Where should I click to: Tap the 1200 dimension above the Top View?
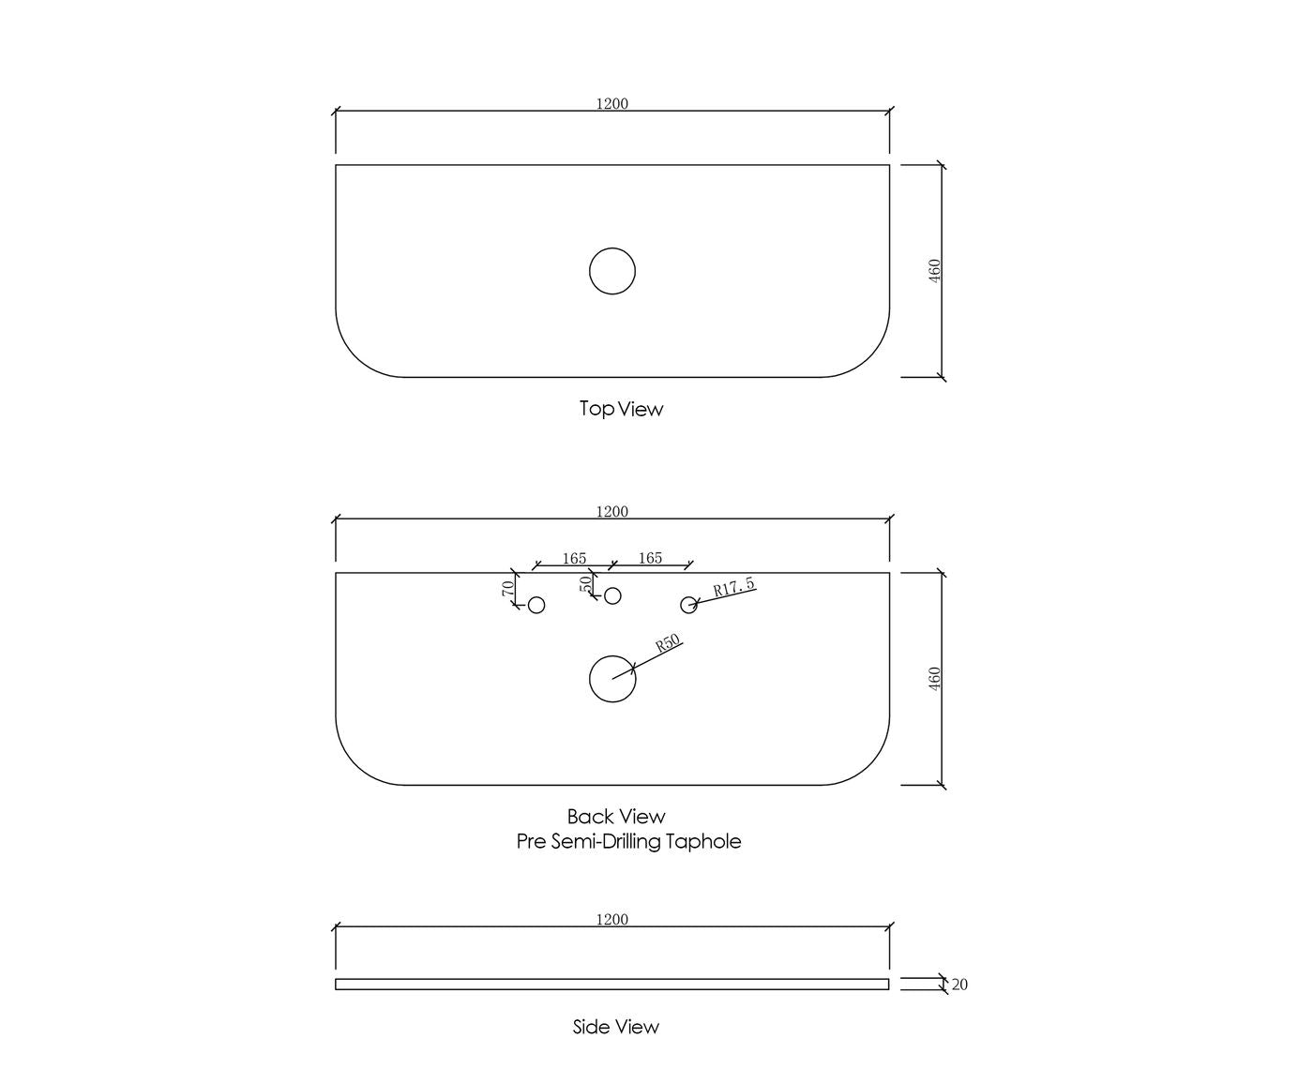pos(611,104)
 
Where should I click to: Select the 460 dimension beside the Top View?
pos(934,270)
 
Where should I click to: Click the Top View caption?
pos(621,409)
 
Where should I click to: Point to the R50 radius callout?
pos(668,642)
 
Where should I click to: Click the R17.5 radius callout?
pos(733,587)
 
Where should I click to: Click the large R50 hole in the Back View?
pos(612,656)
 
